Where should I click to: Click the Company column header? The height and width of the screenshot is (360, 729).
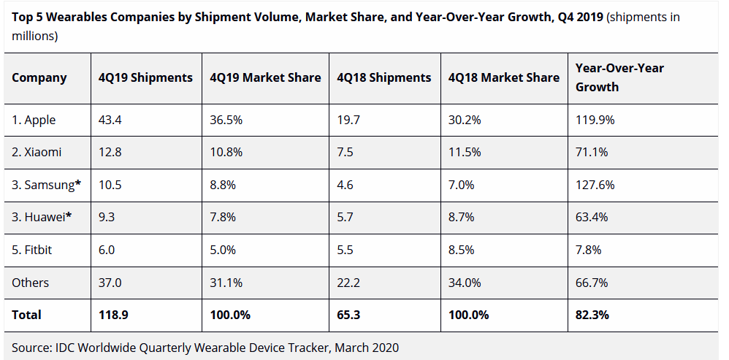tap(39, 77)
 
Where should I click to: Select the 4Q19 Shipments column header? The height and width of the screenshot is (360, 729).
tap(146, 77)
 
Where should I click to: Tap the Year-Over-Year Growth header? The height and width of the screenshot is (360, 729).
tap(619, 77)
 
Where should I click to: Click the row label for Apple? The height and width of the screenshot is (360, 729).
tap(34, 120)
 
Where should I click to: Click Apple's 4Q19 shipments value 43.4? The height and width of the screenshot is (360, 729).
tap(110, 120)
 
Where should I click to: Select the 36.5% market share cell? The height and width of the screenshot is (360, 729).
tap(224, 120)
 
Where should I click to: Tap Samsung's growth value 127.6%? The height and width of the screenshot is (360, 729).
tap(593, 185)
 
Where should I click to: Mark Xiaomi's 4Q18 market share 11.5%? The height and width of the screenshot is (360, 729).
tap(465, 153)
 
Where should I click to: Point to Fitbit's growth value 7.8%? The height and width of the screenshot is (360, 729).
tap(589, 250)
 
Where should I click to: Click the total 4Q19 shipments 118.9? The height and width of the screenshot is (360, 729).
tap(114, 315)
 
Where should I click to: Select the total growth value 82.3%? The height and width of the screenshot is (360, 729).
tap(592, 315)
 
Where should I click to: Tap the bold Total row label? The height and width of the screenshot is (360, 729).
tap(26, 315)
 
